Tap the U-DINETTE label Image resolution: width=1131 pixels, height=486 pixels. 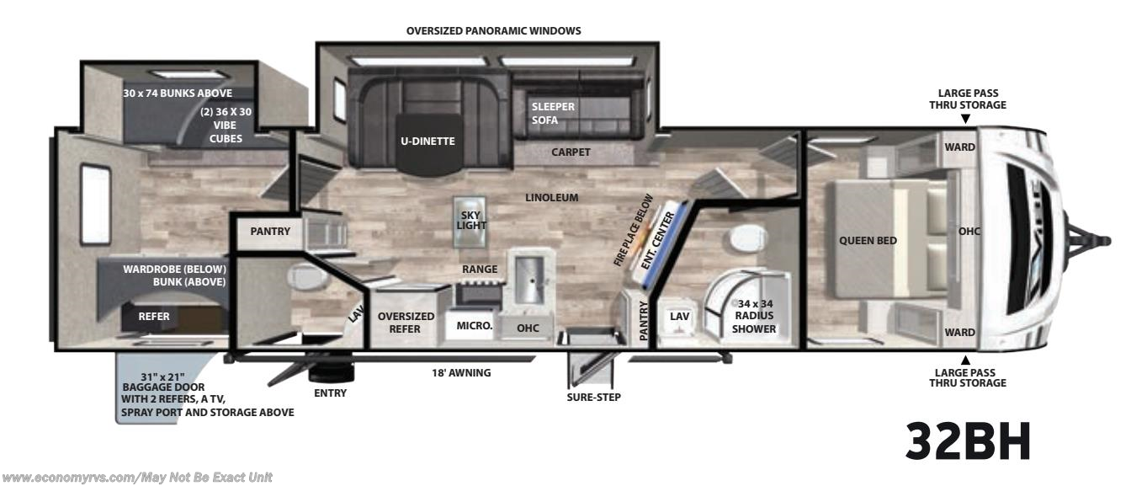[427, 141]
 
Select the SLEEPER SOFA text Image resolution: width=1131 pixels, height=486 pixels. [552, 113]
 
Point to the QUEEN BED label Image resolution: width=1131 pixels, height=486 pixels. [868, 240]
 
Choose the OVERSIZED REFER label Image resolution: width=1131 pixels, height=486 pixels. [406, 323]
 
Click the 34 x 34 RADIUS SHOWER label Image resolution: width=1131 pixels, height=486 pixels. [753, 316]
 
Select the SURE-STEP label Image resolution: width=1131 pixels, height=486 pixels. [593, 397]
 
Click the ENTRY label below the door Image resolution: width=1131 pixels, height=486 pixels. [329, 393]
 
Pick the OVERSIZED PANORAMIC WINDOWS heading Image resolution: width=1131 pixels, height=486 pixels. [493, 30]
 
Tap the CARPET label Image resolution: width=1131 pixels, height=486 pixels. [571, 152]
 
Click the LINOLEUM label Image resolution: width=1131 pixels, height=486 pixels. [552, 198]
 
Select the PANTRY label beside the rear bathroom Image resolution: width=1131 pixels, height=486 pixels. [270, 231]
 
